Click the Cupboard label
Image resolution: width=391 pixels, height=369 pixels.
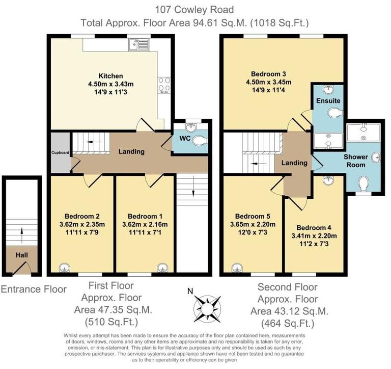point(60,152)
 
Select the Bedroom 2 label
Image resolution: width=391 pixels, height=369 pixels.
point(81,215)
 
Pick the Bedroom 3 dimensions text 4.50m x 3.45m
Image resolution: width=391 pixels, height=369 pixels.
point(267,82)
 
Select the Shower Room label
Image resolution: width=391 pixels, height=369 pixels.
point(359,161)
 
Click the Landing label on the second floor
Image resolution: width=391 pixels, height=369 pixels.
point(294,163)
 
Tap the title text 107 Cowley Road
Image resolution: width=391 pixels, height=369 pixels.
point(194,9)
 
